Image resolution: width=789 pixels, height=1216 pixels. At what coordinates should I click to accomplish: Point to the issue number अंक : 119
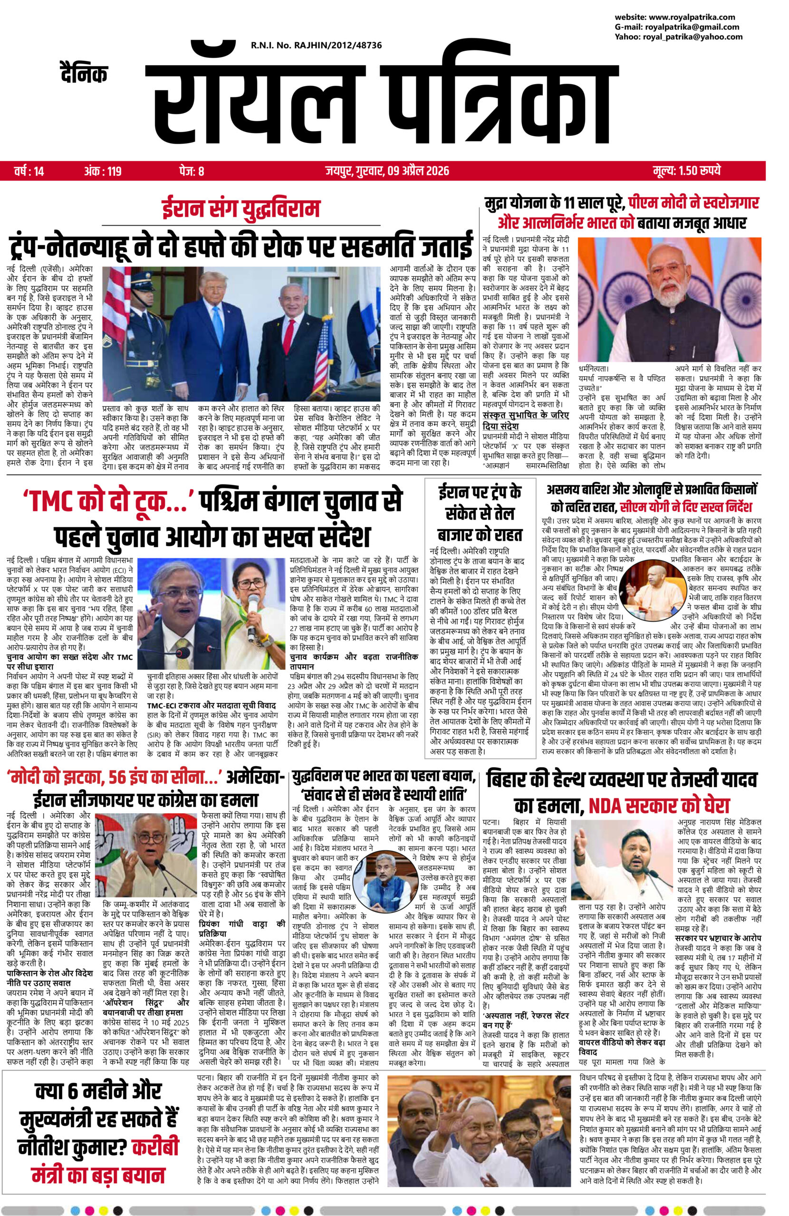[x=102, y=171]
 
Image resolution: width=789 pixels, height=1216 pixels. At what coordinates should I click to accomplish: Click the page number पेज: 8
[x=192, y=171]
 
